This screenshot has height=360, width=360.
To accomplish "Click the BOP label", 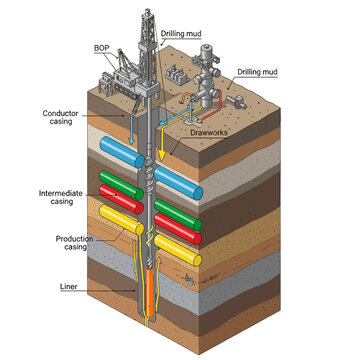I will [102, 46].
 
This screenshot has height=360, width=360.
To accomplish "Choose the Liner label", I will [69, 287].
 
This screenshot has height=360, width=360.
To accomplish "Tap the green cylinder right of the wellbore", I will [186, 216].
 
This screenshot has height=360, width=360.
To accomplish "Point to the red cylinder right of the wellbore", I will [186, 232].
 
